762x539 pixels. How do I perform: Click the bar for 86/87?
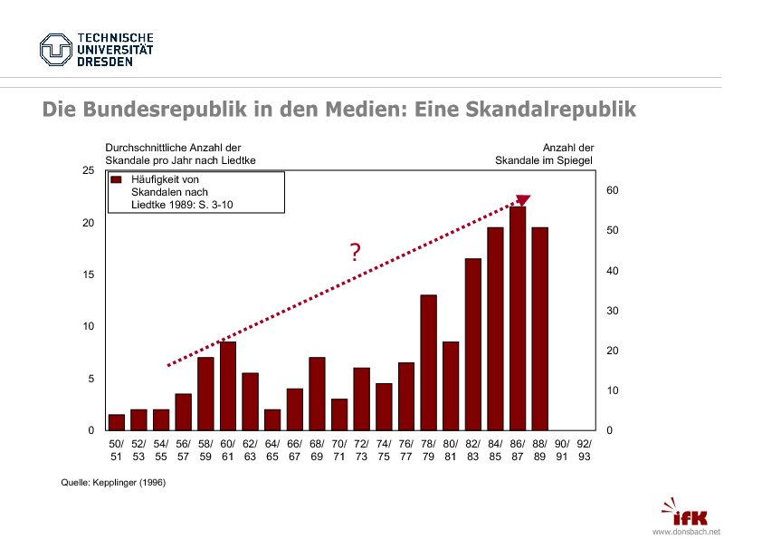pyautogui.click(x=518, y=318)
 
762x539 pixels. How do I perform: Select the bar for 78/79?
pyautogui.click(x=428, y=362)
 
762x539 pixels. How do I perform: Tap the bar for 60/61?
pyautogui.click(x=228, y=385)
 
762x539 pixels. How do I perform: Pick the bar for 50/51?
pyautogui.click(x=117, y=421)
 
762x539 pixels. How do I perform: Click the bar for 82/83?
pyautogui.click(x=473, y=344)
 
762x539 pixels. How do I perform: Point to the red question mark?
pyautogui.click(x=355, y=253)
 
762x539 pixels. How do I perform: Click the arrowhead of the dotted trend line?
pyautogui.click(x=522, y=201)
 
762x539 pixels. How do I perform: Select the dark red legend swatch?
pyautogui.click(x=115, y=179)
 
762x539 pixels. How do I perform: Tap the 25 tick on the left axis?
pyautogui.click(x=88, y=170)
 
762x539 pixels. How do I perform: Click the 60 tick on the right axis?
pyautogui.click(x=612, y=190)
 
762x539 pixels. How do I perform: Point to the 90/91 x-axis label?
pyautogui.click(x=562, y=450)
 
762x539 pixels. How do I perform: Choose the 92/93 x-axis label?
pyautogui.click(x=584, y=450)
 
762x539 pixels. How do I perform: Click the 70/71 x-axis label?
pyautogui.click(x=339, y=450)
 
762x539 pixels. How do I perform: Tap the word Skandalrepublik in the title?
pyautogui.click(x=551, y=110)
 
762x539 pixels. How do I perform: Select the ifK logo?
pyautogui.click(x=685, y=514)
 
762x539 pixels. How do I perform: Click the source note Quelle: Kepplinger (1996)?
pyautogui.click(x=113, y=483)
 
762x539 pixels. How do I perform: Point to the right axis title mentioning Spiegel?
pyautogui.click(x=544, y=154)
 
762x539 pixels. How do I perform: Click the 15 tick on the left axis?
pyautogui.click(x=88, y=274)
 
